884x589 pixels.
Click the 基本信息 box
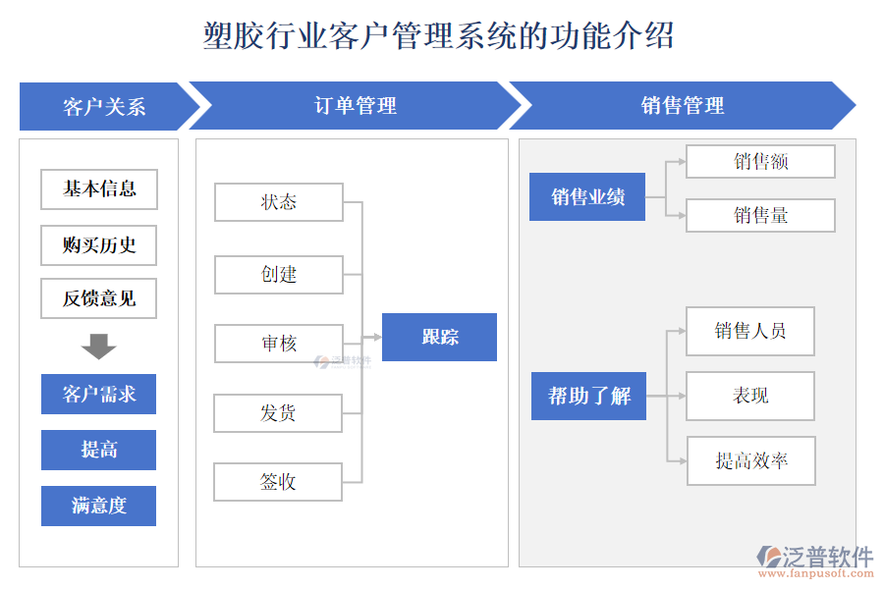click(x=98, y=189)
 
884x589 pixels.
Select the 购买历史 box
click(x=98, y=245)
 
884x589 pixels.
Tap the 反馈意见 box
click(x=98, y=298)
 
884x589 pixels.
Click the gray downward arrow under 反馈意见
click(x=98, y=346)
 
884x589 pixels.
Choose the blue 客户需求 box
click(x=98, y=394)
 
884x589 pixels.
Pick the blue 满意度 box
click(x=98, y=506)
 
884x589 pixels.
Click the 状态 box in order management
click(x=279, y=202)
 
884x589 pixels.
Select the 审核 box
click(x=279, y=344)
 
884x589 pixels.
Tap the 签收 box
click(x=279, y=482)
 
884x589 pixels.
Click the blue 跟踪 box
click(x=439, y=337)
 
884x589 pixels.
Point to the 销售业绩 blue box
click(x=587, y=196)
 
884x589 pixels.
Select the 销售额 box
click(x=760, y=162)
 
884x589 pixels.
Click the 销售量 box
click(x=760, y=215)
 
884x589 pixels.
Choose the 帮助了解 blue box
click(x=588, y=396)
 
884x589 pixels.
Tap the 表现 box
click(x=750, y=396)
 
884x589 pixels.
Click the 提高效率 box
click(x=750, y=460)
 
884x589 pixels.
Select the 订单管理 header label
click(x=355, y=106)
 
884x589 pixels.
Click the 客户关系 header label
click(x=104, y=106)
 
